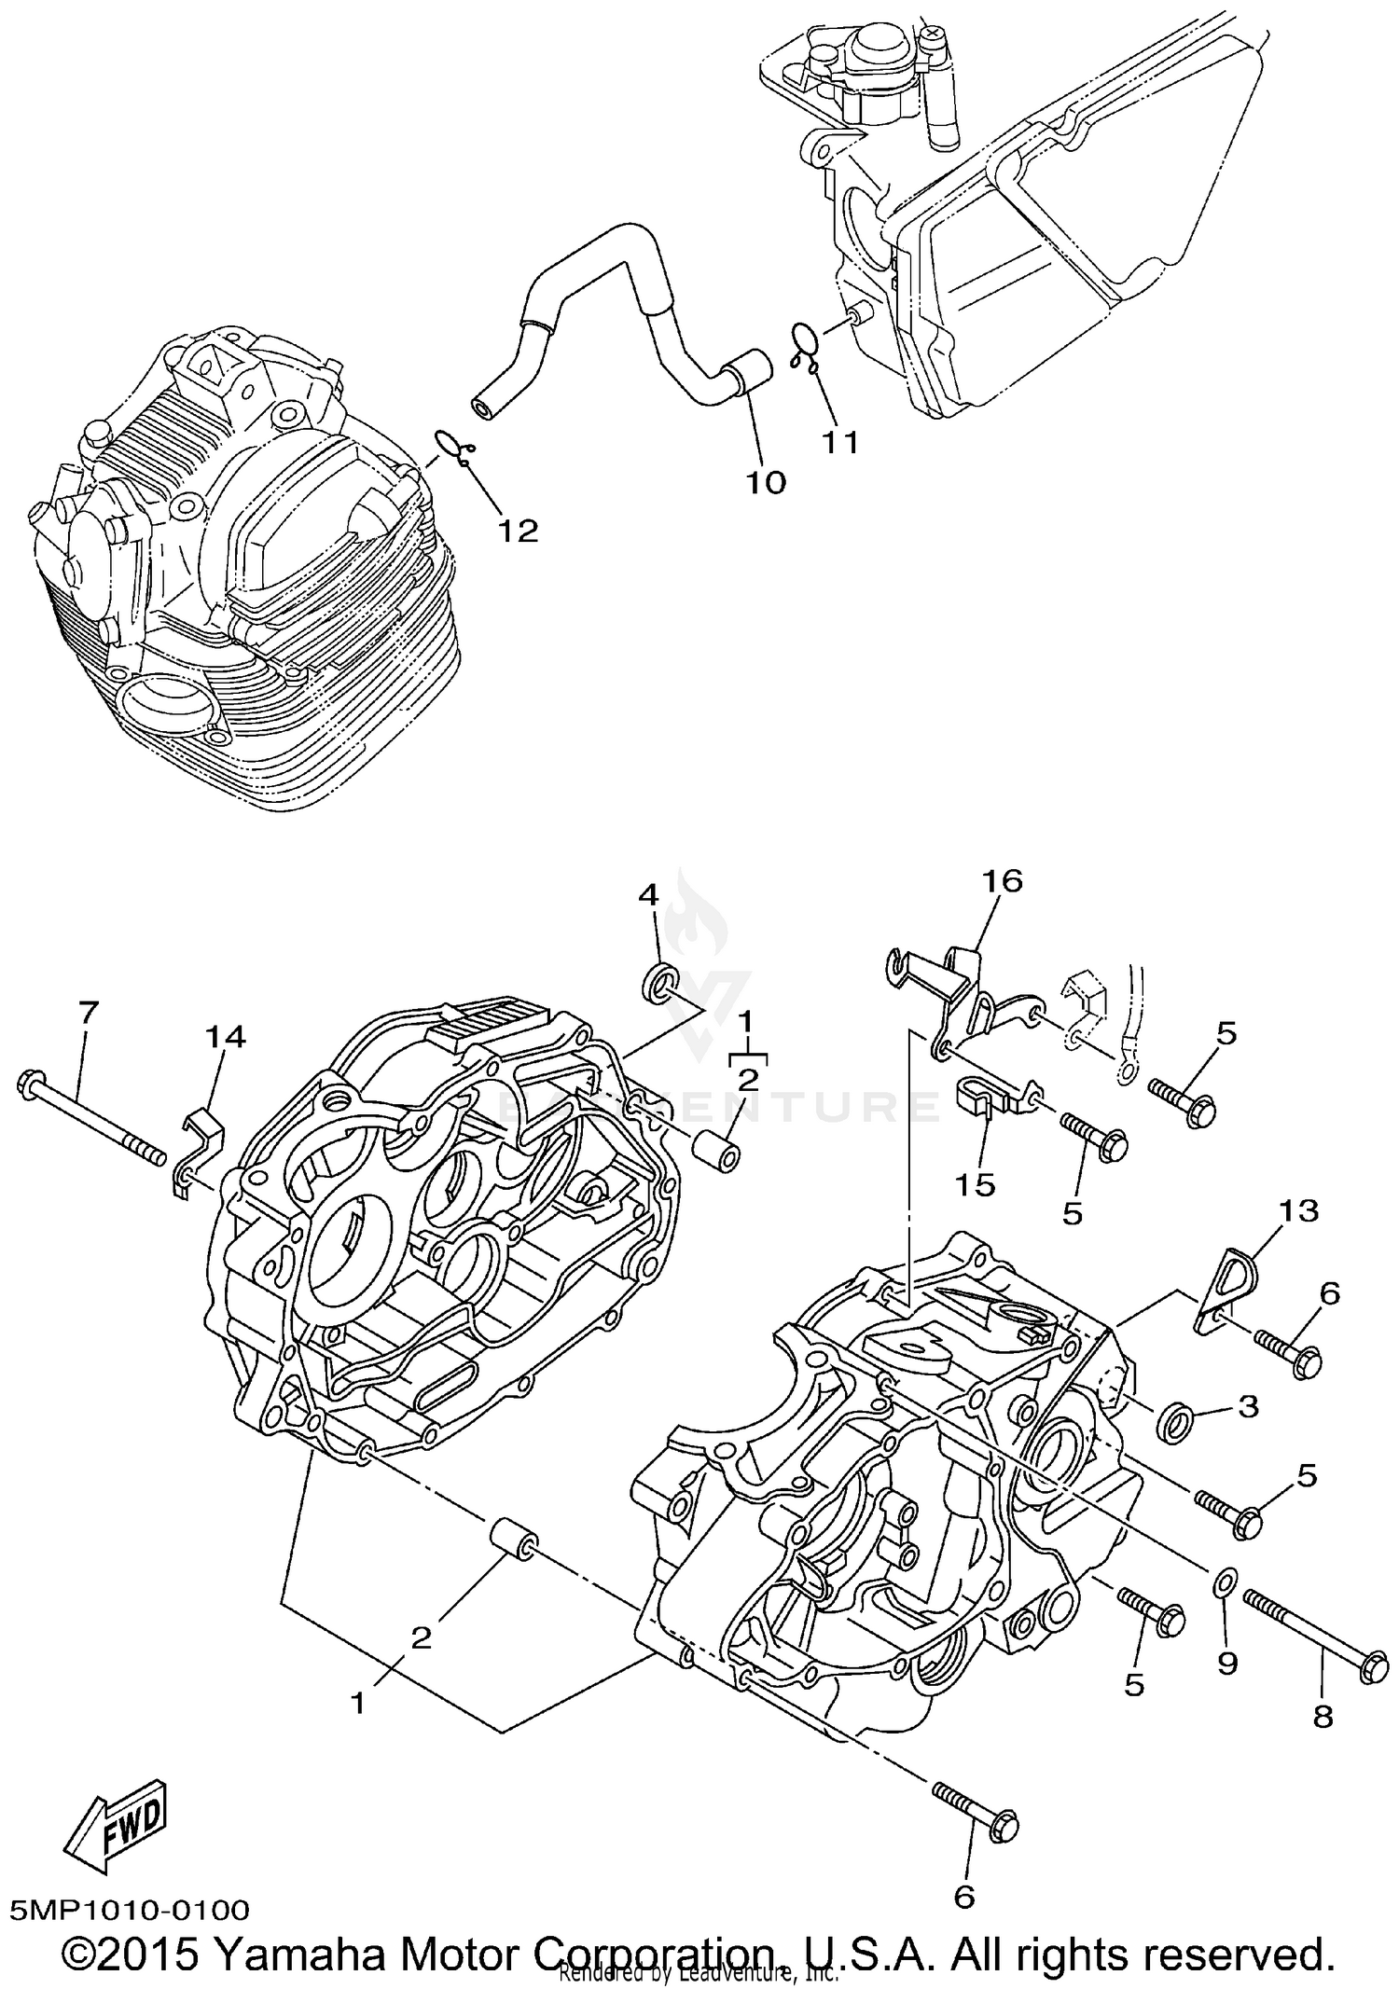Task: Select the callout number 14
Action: point(225,1036)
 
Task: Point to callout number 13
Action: point(1299,1210)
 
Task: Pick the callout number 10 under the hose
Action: point(765,483)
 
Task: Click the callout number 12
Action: point(518,531)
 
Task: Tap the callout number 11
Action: point(838,441)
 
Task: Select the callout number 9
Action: point(1227,1663)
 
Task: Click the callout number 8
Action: point(1323,1717)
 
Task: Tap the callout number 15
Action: point(975,1184)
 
